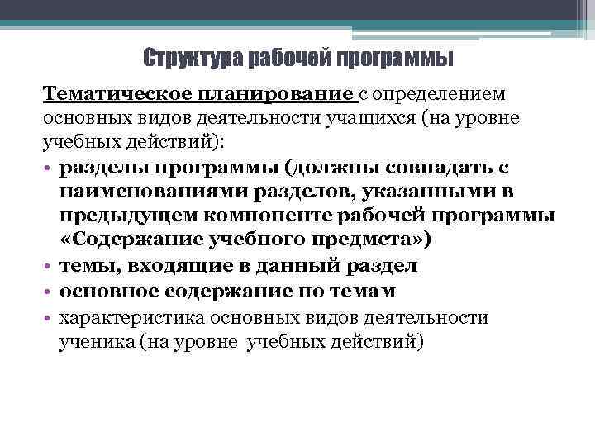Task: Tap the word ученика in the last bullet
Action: coord(93,340)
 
